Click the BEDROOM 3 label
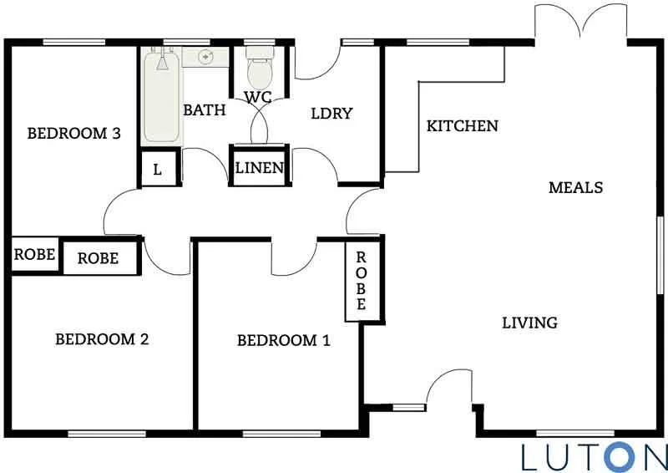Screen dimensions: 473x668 [68, 133]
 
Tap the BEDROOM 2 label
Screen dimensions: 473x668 [102, 339]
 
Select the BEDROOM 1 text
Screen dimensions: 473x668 [284, 340]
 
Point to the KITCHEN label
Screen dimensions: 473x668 [462, 126]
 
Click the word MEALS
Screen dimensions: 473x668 [575, 187]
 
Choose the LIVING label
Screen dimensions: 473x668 [529, 323]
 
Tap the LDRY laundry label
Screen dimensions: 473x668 [332, 114]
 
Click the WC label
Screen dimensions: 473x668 [257, 97]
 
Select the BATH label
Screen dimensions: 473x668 [205, 109]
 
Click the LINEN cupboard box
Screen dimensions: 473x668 [260, 168]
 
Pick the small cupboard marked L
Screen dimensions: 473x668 [158, 170]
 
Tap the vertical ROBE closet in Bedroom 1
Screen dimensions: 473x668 [362, 281]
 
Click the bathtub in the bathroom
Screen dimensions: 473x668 [161, 95]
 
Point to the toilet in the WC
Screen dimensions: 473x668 [259, 70]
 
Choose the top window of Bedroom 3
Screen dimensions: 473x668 [68, 42]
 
